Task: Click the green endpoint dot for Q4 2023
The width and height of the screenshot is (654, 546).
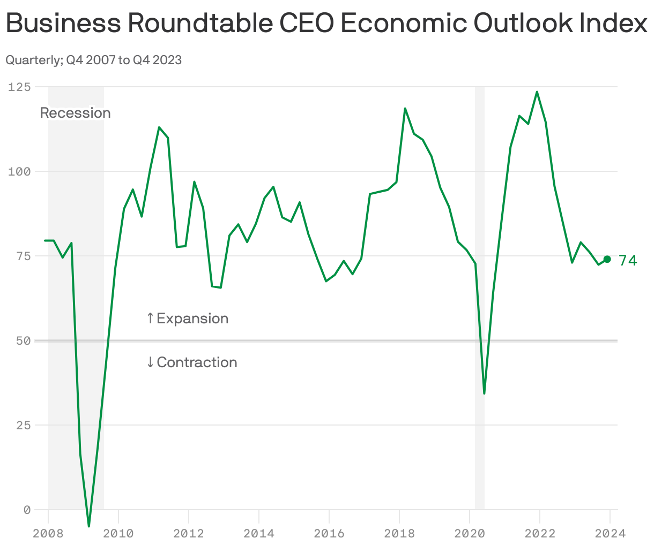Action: pyautogui.click(x=607, y=259)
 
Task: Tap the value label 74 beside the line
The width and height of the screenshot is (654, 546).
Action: pyautogui.click(x=628, y=261)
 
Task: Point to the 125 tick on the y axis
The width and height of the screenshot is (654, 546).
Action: pyautogui.click(x=19, y=87)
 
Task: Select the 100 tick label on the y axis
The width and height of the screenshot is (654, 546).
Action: pyautogui.click(x=19, y=171)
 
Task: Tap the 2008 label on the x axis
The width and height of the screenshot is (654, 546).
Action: pyautogui.click(x=48, y=533)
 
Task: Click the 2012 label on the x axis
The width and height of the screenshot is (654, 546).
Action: pyautogui.click(x=188, y=533)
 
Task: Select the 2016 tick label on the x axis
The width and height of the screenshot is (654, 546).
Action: pyautogui.click(x=329, y=533)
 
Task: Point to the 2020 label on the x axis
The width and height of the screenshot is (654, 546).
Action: pyautogui.click(x=469, y=533)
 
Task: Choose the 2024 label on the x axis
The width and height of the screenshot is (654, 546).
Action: pyautogui.click(x=610, y=533)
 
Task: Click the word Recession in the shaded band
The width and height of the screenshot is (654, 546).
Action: pyautogui.click(x=75, y=113)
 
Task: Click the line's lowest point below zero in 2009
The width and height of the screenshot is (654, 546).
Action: pyautogui.click(x=89, y=526)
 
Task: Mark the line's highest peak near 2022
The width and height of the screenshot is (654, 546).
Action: pyautogui.click(x=537, y=92)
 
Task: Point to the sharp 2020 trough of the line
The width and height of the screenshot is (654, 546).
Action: pyautogui.click(x=484, y=393)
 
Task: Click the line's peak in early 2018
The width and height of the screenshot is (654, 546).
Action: pyautogui.click(x=405, y=109)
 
